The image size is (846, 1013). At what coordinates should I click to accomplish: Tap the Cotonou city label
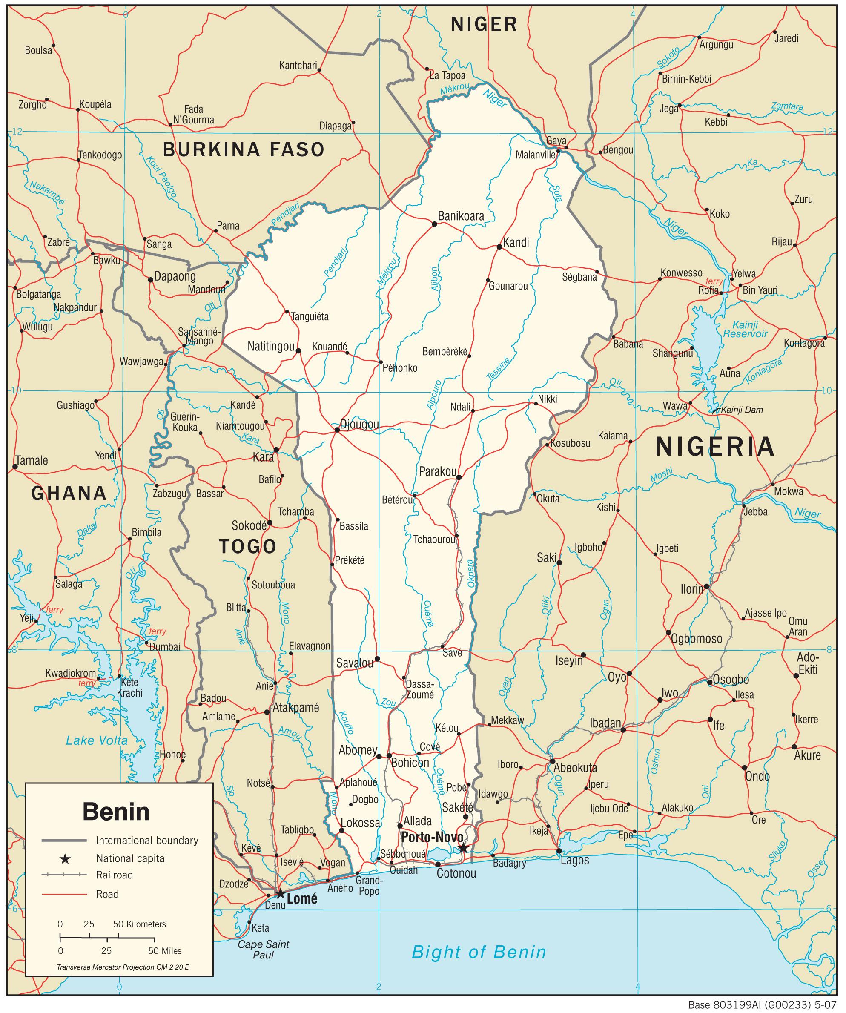pyautogui.click(x=456, y=873)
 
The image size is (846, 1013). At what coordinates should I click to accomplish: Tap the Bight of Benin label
pyautogui.click(x=479, y=952)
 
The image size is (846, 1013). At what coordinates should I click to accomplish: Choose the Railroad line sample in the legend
pyautogui.click(x=64, y=875)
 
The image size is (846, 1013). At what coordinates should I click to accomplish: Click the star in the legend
pyautogui.click(x=65, y=858)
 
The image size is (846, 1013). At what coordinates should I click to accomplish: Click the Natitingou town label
pyautogui.click(x=271, y=346)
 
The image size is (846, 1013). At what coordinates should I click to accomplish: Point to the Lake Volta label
pyautogui.click(x=97, y=740)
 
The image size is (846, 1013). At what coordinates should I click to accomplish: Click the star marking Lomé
pyautogui.click(x=280, y=894)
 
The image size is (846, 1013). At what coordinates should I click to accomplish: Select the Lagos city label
pyautogui.click(x=574, y=860)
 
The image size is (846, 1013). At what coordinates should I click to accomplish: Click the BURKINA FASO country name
pyautogui.click(x=244, y=149)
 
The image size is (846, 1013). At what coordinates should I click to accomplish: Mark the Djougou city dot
pyautogui.click(x=337, y=429)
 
